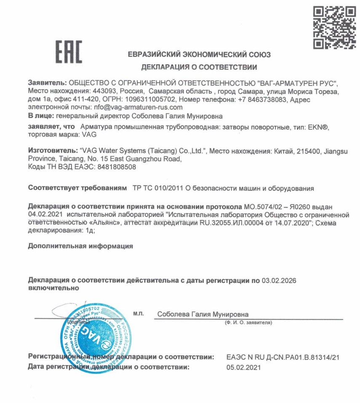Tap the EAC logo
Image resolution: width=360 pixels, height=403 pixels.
pos(69,52)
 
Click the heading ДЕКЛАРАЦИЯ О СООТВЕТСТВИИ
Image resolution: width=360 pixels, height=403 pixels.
pos(199,67)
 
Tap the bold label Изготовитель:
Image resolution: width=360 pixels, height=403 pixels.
pos(52,151)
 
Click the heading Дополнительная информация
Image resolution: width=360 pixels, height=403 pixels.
pos(80,246)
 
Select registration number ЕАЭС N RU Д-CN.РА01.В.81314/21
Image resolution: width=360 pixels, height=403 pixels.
pos(283,357)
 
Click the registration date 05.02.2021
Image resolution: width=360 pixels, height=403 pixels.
pos(243,367)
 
